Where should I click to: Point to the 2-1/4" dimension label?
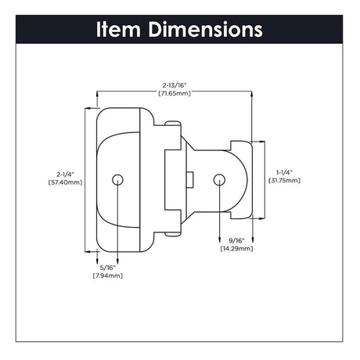point(69,174)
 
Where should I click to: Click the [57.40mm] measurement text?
point(69,182)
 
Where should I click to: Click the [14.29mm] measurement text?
point(236,248)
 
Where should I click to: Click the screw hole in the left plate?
point(117,179)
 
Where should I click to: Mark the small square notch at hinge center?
point(190,179)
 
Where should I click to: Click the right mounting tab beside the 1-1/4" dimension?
point(244,179)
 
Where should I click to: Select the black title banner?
point(180,30)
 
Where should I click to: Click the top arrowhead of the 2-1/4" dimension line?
point(85,110)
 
